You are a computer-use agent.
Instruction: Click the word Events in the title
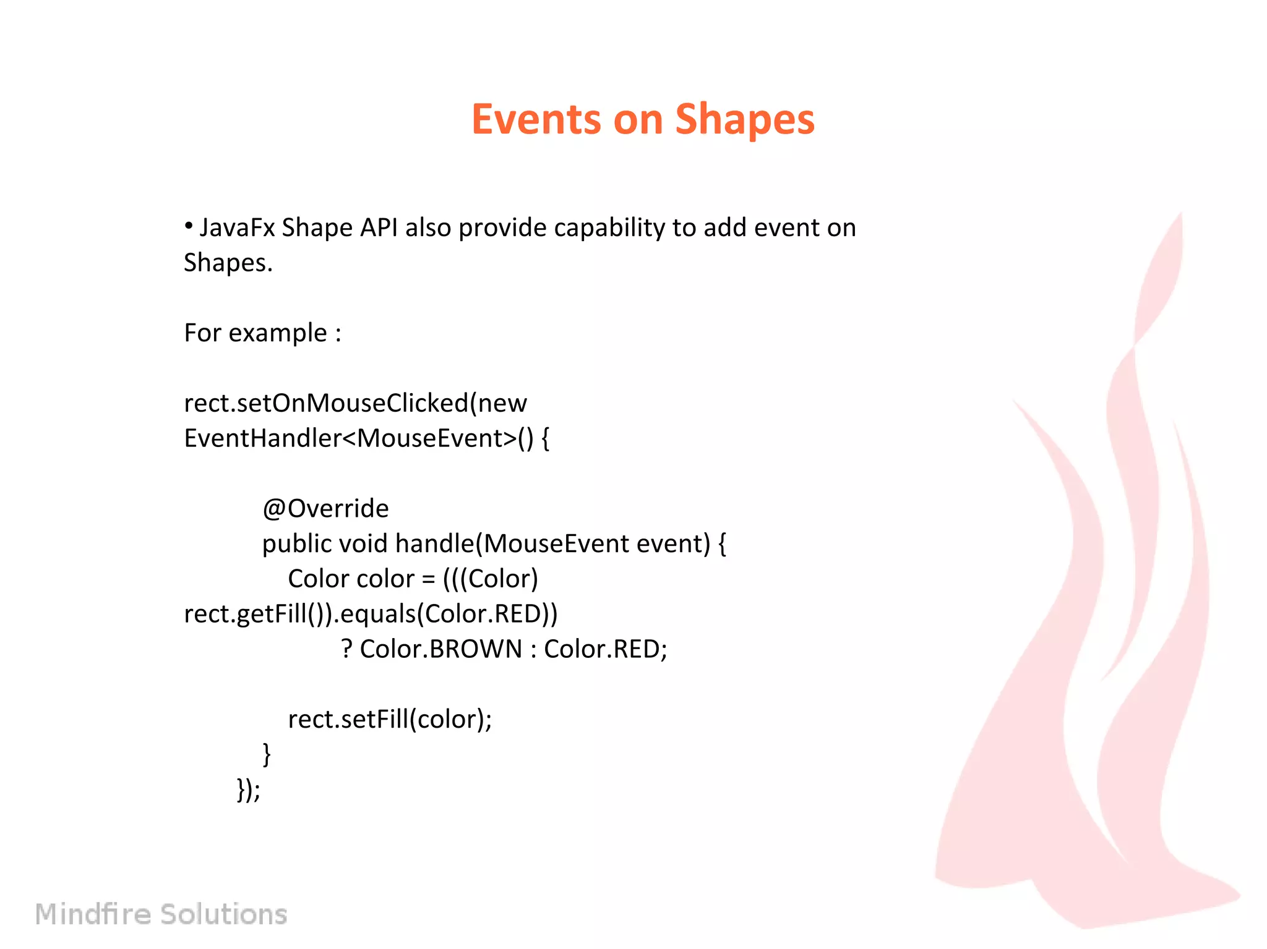(x=536, y=119)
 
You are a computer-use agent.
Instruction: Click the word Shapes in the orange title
(x=744, y=119)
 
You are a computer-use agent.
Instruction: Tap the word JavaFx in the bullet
(x=237, y=228)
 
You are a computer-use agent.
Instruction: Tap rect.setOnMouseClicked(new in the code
(x=355, y=403)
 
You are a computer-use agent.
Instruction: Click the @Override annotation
(x=325, y=508)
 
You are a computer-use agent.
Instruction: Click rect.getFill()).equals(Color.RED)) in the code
(x=371, y=614)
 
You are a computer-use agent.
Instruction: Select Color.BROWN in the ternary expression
(x=441, y=649)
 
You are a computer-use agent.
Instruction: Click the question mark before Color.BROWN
(x=347, y=649)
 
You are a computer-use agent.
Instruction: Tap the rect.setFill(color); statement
(x=390, y=719)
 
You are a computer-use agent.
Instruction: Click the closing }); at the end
(x=249, y=789)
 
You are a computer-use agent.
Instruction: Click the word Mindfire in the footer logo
(x=93, y=914)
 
